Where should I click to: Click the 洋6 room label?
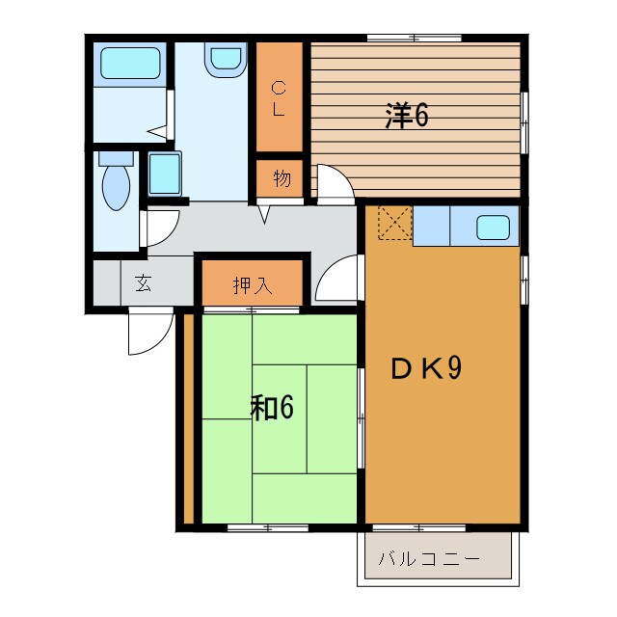click(406, 116)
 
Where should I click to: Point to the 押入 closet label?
click(253, 285)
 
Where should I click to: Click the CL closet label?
click(279, 97)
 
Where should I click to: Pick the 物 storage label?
click(280, 179)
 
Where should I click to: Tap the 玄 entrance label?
click(143, 284)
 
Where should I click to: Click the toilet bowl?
click(116, 187)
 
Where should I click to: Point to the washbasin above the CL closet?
click(225, 61)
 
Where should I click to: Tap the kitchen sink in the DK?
click(494, 228)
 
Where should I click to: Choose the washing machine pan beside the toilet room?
click(163, 174)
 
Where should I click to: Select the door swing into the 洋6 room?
click(333, 184)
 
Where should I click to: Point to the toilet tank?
click(115, 156)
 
